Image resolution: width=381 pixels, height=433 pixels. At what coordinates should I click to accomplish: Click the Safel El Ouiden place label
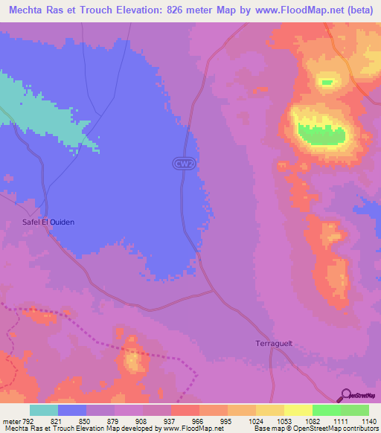(x=48, y=222)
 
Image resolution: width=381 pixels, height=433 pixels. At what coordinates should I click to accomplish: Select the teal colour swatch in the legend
(x=44, y=411)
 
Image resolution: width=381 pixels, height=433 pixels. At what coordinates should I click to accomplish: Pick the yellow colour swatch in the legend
(x=298, y=411)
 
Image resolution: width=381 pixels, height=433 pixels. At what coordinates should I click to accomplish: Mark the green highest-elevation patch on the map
(x=322, y=134)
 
